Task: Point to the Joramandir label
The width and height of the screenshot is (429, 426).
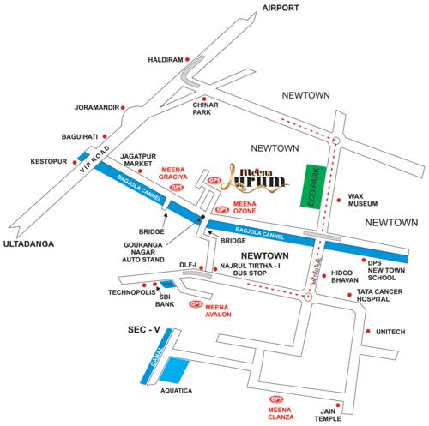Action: pos(94,108)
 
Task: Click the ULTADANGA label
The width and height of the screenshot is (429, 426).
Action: pos(27,244)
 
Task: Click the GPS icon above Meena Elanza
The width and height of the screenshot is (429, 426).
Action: pos(276,399)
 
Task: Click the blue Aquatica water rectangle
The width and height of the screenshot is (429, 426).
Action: pos(178,369)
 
